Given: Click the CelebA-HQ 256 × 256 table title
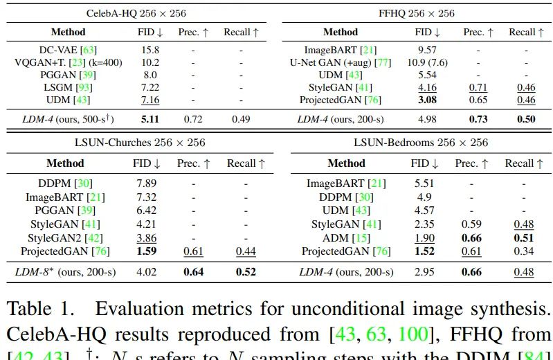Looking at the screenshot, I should pos(136,13).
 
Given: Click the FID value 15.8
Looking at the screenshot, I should pos(150,50).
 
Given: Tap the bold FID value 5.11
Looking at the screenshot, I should pos(150,119).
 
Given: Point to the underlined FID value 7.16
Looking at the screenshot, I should pos(150,100).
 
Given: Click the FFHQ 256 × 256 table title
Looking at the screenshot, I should pos(416,13).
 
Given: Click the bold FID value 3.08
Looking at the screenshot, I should pos(427,100).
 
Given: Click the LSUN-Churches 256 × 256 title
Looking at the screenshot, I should pos(136,143).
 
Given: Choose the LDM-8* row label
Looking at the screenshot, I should pos(64,271).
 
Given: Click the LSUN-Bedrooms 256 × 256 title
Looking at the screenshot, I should pos(420,143).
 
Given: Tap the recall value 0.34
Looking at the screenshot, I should pos(523,251).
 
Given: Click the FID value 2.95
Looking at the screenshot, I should pos(424,271).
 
